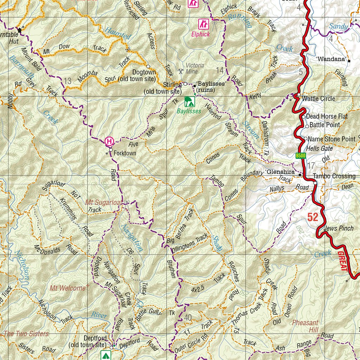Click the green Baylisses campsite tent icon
coord(189,102)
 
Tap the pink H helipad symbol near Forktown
coord(109,142)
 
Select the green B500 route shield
coord(301,156)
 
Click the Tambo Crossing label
coord(334,176)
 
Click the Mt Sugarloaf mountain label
coord(104,202)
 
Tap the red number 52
coord(313,217)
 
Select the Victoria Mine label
coord(195,68)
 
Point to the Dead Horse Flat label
coord(327,116)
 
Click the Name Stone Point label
coord(332,139)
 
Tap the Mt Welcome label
coord(67,288)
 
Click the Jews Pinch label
coord(339,229)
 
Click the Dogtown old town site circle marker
coord(148,66)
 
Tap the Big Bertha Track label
coord(181,226)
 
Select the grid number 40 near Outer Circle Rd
coord(188,318)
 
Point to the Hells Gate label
coord(319,149)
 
